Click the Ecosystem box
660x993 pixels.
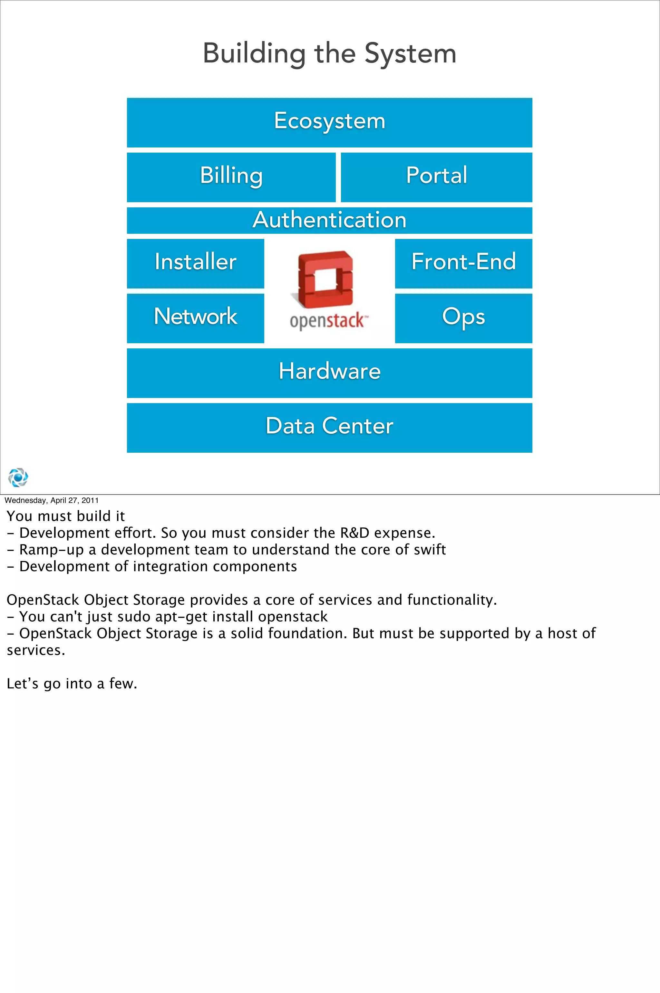tap(330, 122)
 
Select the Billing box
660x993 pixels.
tap(231, 177)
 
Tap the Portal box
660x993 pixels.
tap(436, 177)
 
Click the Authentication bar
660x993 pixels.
tap(330, 220)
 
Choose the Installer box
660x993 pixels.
tap(195, 263)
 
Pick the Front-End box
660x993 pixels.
tap(463, 263)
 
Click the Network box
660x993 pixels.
tap(195, 318)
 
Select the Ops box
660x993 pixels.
tap(463, 318)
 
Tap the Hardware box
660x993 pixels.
tap(330, 373)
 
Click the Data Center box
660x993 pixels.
tap(330, 427)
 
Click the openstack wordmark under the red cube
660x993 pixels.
tap(328, 321)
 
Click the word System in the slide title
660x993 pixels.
tap(410, 54)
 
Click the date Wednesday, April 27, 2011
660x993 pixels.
tap(51, 500)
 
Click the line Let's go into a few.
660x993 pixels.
tap(72, 684)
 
